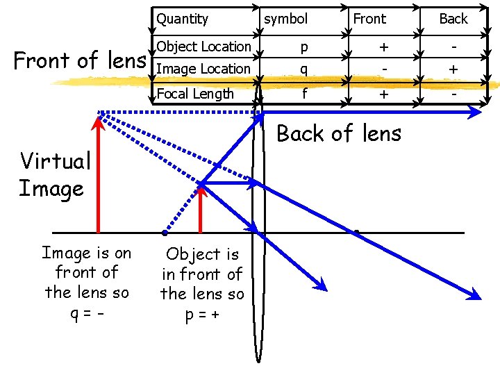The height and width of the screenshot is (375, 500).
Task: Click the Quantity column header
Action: pyautogui.click(x=182, y=19)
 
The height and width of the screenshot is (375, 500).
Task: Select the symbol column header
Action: pyautogui.click(x=285, y=19)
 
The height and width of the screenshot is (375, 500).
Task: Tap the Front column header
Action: pyautogui.click(x=369, y=19)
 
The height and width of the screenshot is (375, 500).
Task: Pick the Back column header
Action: pyautogui.click(x=453, y=19)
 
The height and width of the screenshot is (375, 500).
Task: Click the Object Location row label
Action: pyautogui.click(x=203, y=47)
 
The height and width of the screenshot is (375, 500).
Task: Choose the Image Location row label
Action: pyautogui.click(x=203, y=69)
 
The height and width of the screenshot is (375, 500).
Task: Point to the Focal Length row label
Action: pyautogui.click(x=195, y=94)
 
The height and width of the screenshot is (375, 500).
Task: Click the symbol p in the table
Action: pyautogui.click(x=303, y=47)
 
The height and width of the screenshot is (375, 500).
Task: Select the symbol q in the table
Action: pyautogui.click(x=303, y=69)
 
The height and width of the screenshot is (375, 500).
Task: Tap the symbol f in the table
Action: pyautogui.click(x=303, y=92)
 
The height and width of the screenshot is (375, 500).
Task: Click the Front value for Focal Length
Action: pyautogui.click(x=383, y=94)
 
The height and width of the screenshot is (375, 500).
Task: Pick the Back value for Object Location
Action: pyautogui.click(x=453, y=46)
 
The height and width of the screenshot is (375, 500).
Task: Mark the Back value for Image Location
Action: pyautogui.click(x=453, y=69)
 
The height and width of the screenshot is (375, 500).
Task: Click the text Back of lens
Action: pyautogui.click(x=339, y=133)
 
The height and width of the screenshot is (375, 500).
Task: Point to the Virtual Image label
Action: pyautogui.click(x=54, y=174)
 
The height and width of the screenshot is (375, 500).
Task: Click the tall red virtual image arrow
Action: pyautogui.click(x=97, y=174)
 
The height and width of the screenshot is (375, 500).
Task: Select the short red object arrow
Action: pyautogui.click(x=200, y=208)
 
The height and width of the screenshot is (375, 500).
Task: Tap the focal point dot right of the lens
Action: pyautogui.click(x=356, y=231)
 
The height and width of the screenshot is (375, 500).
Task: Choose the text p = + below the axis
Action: pyautogui.click(x=202, y=313)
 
